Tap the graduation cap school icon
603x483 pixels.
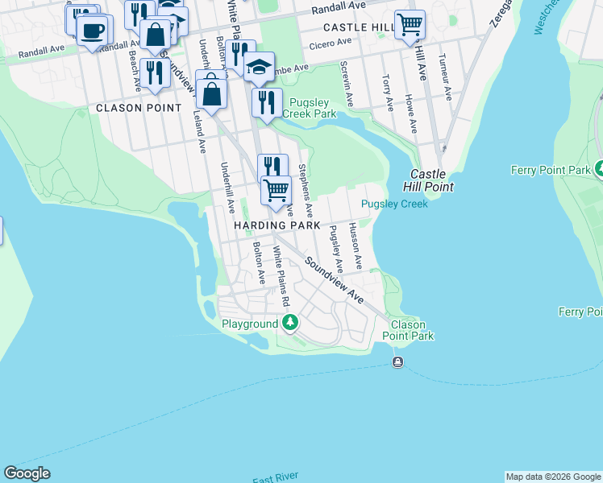[259, 68]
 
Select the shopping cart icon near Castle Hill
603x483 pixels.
[410, 25]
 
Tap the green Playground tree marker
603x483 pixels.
[289, 324]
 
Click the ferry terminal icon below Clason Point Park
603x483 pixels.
[397, 362]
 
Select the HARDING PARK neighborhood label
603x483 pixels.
[277, 226]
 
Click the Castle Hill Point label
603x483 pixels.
[432, 180]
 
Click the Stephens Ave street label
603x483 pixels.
[306, 190]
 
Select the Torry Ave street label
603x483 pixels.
[387, 93]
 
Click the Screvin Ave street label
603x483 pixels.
[347, 84]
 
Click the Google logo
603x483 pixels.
[27, 473]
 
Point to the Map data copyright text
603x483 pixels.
[553, 477]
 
